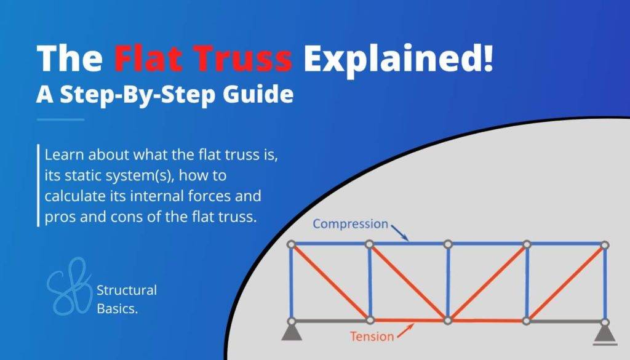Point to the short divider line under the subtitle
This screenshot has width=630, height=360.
point(60,119)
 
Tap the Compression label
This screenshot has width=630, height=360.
point(350,223)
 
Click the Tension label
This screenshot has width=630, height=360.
point(372,337)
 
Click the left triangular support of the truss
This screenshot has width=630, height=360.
point(292,332)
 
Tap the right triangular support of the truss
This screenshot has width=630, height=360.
point(605,332)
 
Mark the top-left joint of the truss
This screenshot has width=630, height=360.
point(292,244)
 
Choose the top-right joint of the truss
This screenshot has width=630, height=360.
point(605,244)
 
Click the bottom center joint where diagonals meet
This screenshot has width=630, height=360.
point(449,321)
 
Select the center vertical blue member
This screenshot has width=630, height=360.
point(449,282)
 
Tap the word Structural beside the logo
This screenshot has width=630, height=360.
point(127,290)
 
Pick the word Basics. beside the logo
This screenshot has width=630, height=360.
point(117,308)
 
